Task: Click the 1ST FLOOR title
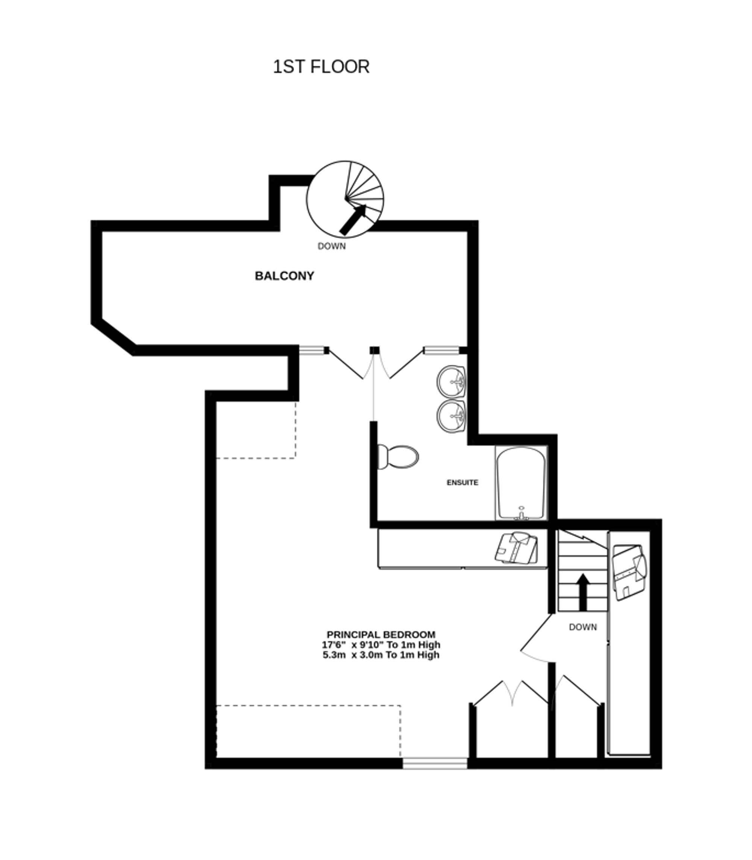tap(321, 67)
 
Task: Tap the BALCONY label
tap(285, 276)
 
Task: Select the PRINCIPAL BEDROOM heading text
tap(381, 635)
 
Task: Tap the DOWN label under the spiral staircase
tap(332, 246)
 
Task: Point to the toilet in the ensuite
tap(398, 457)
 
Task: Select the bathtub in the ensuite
tap(521, 483)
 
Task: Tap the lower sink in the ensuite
tap(451, 416)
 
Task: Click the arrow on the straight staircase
tap(582, 592)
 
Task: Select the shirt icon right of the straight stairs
tap(629, 571)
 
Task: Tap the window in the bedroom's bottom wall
tap(435, 763)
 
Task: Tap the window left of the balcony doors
tap(311, 350)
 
